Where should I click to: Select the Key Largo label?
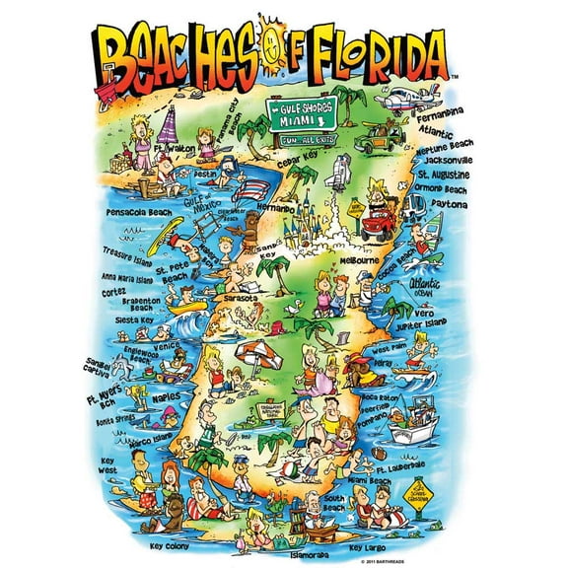[x=370, y=544]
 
